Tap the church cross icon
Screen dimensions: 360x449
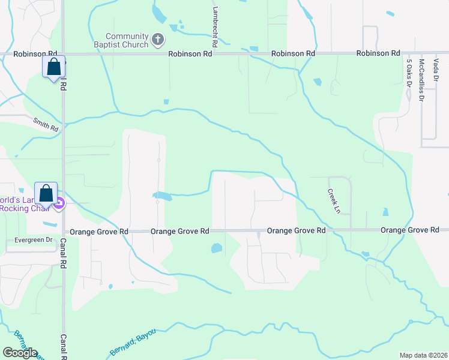click(157, 40)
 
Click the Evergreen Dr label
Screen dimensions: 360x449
click(34, 240)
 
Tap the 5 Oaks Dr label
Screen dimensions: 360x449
click(409, 73)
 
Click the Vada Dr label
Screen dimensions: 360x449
click(436, 70)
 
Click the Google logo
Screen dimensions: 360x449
click(20, 352)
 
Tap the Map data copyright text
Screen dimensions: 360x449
click(423, 355)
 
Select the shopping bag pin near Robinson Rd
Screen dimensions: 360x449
click(53, 67)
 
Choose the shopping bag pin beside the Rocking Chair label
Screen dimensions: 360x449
click(46, 194)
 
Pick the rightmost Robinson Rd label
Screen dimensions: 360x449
click(378, 53)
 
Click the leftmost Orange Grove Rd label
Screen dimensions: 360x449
click(99, 231)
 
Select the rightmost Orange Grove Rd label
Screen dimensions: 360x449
click(410, 230)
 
